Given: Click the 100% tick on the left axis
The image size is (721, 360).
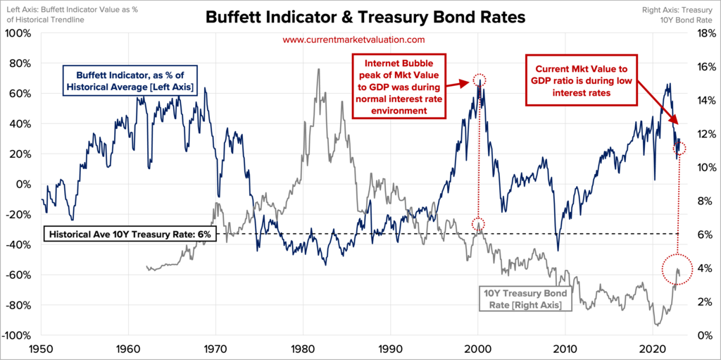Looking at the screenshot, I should pos(18,33).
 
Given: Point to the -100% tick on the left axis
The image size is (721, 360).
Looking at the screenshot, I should pos(16,335).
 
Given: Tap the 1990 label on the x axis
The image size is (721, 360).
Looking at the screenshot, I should pos(391,349).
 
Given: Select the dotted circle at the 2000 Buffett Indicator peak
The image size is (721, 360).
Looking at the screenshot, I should pos(479,79).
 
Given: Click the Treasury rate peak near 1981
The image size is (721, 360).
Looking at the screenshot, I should pos(319,70).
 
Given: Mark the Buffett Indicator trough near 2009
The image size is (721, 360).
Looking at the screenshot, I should pos(558,249).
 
